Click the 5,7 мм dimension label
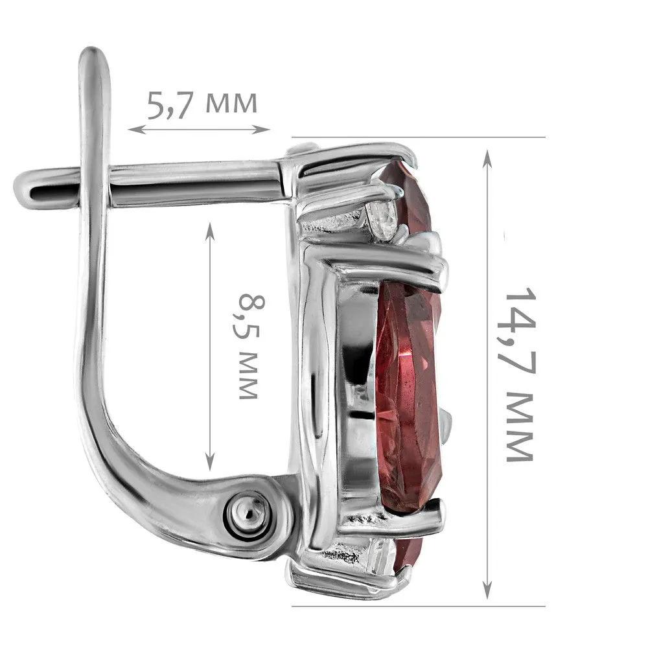click(202, 104)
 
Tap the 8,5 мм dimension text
click(249, 346)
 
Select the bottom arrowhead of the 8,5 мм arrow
click(211, 462)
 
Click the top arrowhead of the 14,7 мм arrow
click(488, 159)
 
